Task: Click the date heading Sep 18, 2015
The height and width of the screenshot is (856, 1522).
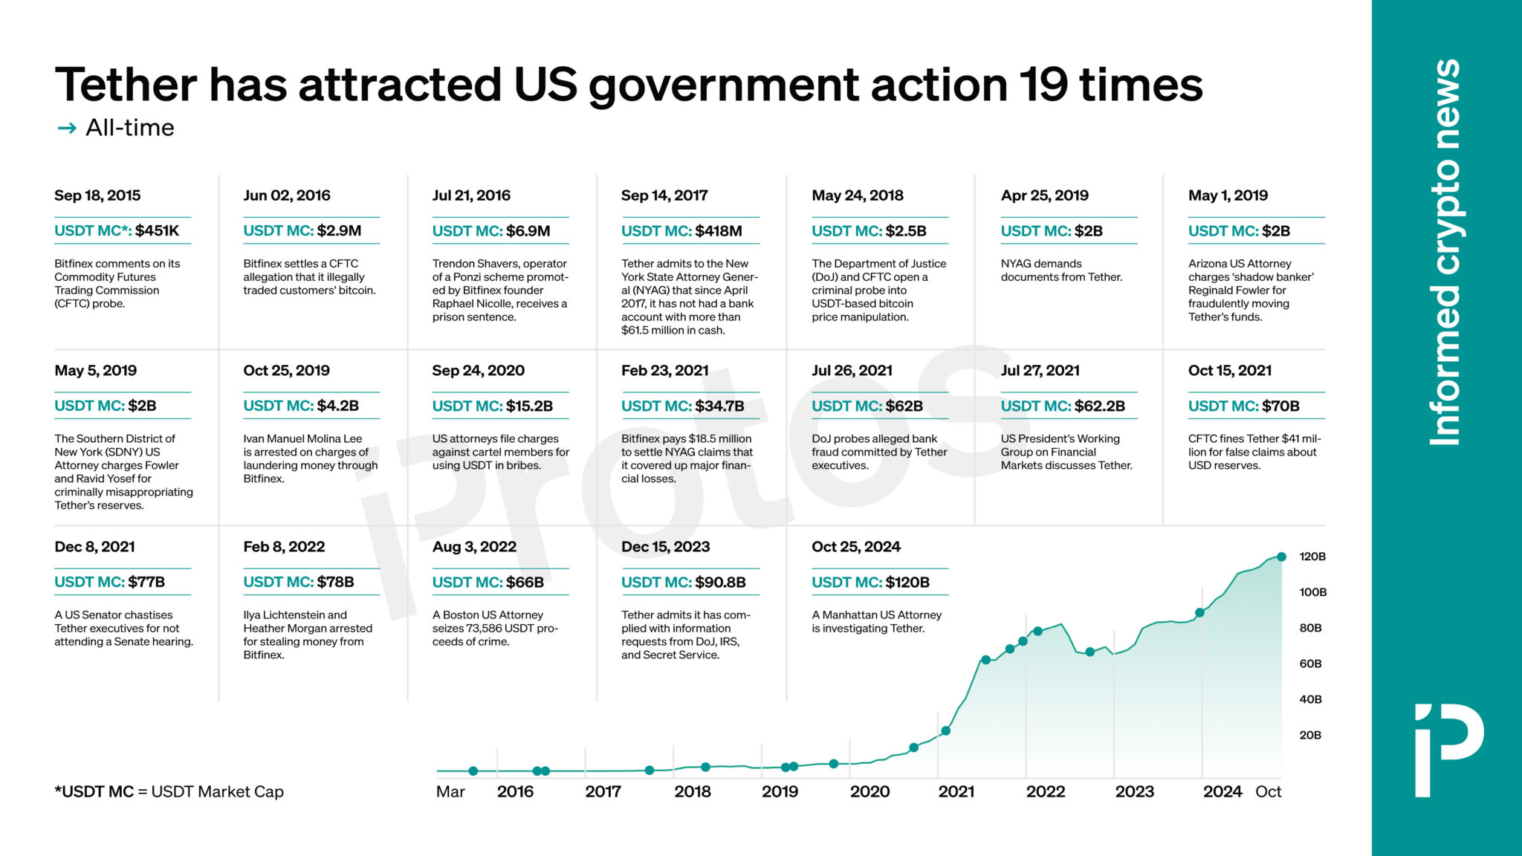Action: pyautogui.click(x=97, y=195)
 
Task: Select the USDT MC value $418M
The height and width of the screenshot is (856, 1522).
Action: pyautogui.click(x=718, y=231)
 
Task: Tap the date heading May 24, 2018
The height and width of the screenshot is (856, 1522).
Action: pyautogui.click(x=857, y=195)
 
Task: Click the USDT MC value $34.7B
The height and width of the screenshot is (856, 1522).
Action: pyautogui.click(x=719, y=406)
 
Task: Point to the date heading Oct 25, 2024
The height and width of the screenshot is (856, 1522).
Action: pyautogui.click(x=855, y=547)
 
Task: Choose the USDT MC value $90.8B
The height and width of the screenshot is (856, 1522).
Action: pyautogui.click(x=720, y=583)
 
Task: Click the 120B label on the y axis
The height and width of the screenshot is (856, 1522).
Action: pyautogui.click(x=1312, y=557)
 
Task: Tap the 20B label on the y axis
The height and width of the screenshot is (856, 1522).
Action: pyautogui.click(x=1309, y=735)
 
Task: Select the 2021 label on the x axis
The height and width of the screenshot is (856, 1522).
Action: pyautogui.click(x=956, y=791)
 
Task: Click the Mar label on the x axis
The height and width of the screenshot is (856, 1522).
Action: pyautogui.click(x=450, y=791)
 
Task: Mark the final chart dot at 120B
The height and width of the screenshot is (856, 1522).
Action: pyautogui.click(x=1281, y=557)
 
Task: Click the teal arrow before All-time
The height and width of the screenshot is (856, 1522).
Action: pyautogui.click(x=67, y=128)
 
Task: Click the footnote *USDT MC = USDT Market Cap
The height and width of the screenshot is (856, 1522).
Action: pyautogui.click(x=169, y=791)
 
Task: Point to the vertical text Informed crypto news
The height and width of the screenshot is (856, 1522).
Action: pyautogui.click(x=1445, y=253)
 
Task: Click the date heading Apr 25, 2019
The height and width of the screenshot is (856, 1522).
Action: pyautogui.click(x=1044, y=195)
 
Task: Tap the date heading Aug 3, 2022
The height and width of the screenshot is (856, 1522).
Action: pyautogui.click(x=474, y=547)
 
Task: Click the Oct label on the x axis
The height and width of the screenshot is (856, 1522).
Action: pyautogui.click(x=1268, y=791)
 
